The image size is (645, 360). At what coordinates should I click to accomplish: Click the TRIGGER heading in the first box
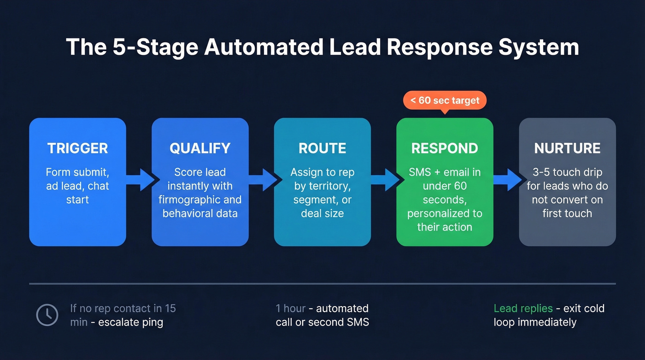pos(77,148)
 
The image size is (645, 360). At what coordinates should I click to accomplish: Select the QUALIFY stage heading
pos(200,148)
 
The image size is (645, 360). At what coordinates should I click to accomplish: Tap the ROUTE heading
pos(322,148)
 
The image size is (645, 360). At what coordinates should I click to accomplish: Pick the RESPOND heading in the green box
pos(445,148)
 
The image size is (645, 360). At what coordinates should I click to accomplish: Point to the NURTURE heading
pos(567,148)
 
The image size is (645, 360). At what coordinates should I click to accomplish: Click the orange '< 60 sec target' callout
pos(445,100)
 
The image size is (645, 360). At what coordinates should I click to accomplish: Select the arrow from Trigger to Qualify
pos(140,180)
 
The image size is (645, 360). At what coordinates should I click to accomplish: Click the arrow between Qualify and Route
pos(262,180)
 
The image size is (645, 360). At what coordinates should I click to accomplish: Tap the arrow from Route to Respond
pos(384,180)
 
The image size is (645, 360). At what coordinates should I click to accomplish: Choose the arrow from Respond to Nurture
pos(507,180)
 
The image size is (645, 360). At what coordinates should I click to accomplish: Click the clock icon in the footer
pos(47,315)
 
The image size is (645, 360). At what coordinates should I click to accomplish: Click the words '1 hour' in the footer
pos(291,308)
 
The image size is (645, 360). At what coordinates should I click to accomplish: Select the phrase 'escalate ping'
pos(130,322)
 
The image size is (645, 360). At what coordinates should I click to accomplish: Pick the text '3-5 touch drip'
pos(567,172)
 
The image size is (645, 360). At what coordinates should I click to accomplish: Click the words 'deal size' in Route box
pos(322,213)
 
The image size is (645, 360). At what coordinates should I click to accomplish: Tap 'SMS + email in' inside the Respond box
pos(445,172)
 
